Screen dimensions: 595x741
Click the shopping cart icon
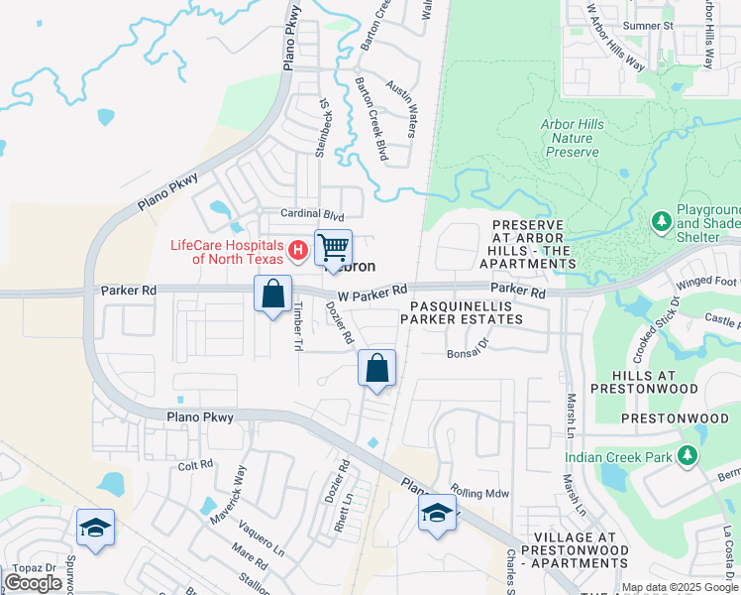(334, 248)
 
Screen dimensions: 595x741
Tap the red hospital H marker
(295, 247)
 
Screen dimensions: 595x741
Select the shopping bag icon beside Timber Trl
(272, 295)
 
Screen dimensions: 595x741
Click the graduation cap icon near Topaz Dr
(95, 529)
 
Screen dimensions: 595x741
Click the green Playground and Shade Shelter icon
(661, 219)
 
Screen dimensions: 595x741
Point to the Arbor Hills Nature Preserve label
(573, 138)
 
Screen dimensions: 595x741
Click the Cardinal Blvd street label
(312, 214)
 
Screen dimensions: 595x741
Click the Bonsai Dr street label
(469, 352)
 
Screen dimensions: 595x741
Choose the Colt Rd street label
(195, 464)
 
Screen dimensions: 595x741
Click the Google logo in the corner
(33, 583)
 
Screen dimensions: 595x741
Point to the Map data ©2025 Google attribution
(680, 587)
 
